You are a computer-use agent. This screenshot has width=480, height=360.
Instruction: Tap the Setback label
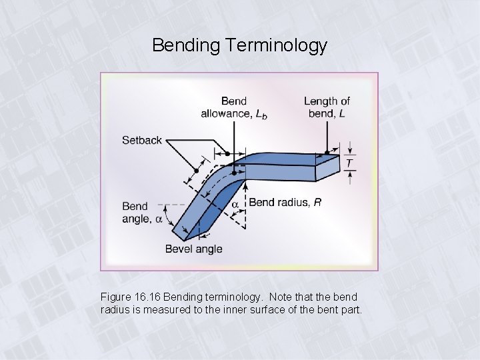142,140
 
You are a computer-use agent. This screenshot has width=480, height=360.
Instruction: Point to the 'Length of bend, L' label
327,107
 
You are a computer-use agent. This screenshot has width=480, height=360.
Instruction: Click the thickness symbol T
349,163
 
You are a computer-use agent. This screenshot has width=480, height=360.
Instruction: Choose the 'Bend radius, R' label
285,203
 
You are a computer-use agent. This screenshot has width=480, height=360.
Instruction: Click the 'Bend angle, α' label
142,213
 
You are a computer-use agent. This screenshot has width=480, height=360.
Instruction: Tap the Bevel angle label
194,249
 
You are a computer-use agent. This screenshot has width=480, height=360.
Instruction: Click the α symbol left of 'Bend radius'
235,202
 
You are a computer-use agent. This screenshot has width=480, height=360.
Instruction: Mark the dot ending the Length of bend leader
327,153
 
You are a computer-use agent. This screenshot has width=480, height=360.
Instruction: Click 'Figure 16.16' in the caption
130,296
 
